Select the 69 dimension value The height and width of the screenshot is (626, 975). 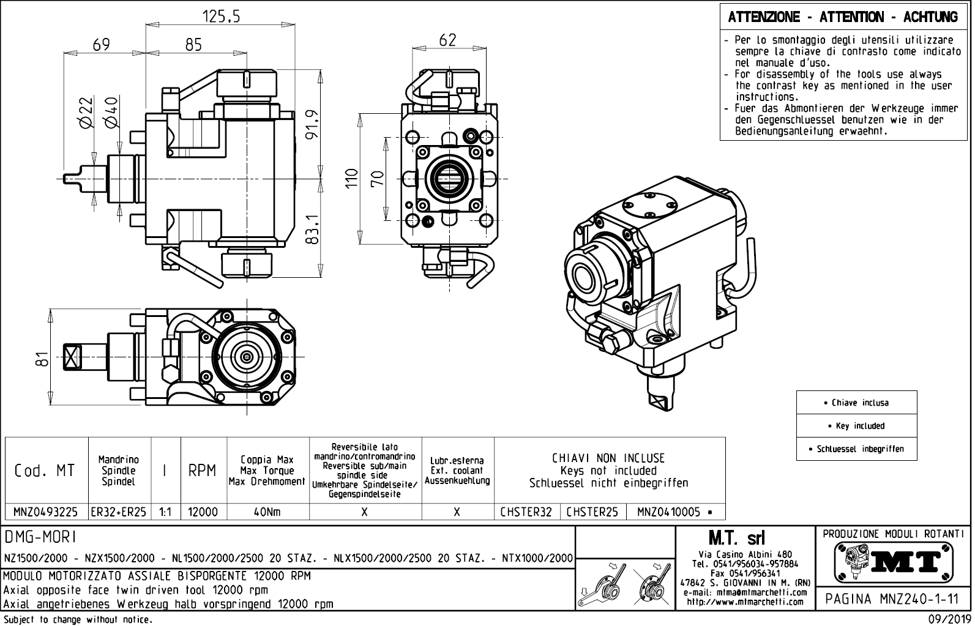[102, 45]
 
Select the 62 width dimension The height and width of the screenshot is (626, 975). [448, 40]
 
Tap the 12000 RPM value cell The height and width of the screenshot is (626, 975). [203, 512]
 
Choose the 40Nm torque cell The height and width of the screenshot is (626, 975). [267, 512]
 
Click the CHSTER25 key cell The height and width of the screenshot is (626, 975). [592, 512]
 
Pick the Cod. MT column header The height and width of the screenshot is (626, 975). [45, 470]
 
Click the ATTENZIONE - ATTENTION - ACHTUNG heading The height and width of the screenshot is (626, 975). [843, 17]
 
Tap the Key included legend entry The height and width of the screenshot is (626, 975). [857, 426]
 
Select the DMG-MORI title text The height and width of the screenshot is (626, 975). [40, 537]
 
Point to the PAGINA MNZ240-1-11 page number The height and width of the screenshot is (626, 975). [892, 599]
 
